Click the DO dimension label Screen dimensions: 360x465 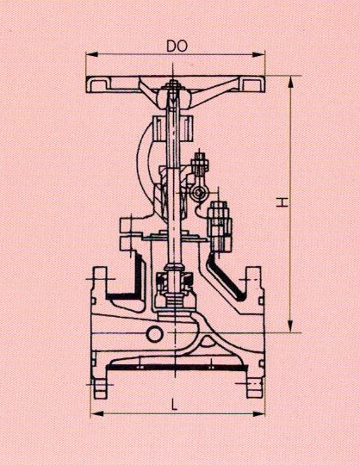[177, 46]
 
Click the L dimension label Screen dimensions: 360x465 [174, 405]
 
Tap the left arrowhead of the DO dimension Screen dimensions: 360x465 [91, 54]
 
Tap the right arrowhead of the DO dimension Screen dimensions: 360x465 [258, 54]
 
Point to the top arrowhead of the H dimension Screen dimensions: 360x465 [291, 82]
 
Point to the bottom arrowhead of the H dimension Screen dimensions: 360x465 [291, 326]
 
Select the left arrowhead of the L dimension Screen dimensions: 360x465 [96, 413]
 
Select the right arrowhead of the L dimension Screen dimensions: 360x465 [258, 413]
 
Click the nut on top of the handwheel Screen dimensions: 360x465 [172, 84]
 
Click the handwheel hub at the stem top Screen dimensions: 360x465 [173, 99]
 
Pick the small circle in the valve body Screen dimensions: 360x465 [155, 333]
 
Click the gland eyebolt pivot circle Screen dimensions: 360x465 [198, 194]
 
